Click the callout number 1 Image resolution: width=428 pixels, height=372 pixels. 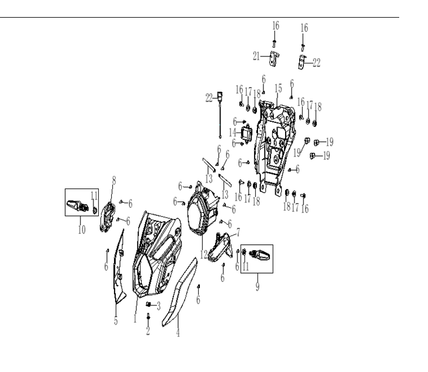click(135, 318)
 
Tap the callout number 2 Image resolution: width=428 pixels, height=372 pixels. click(148, 330)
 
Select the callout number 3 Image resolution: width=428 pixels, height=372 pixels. click(159, 306)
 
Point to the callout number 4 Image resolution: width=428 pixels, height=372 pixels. click(178, 333)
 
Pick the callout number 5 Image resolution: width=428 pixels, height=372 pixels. click(116, 321)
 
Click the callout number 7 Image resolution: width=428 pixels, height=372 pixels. click(238, 232)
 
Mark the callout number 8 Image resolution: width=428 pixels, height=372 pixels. click(114, 180)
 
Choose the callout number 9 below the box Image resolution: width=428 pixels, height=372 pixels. click(258, 286)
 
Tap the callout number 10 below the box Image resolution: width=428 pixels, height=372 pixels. click(82, 230)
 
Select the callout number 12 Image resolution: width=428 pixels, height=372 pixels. click(204, 255)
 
